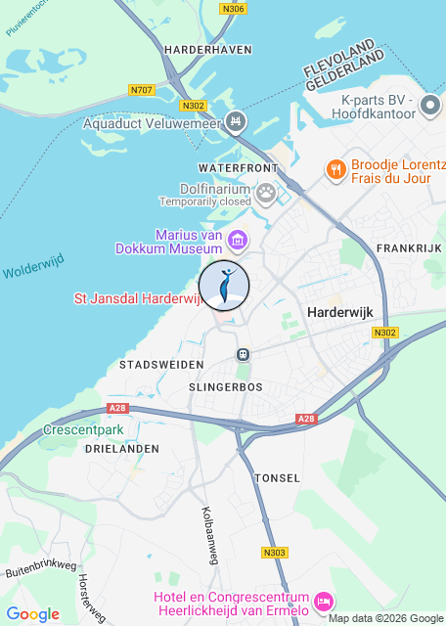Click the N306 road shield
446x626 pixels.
[x=233, y=10]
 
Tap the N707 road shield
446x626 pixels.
[x=141, y=90]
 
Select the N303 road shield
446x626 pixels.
[x=275, y=553]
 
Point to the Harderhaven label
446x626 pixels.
[x=208, y=49]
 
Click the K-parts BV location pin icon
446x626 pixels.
[x=430, y=105]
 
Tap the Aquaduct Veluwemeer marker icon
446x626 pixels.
[x=235, y=121]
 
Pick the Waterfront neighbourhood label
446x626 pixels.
[x=238, y=168]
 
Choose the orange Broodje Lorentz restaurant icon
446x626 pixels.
[x=335, y=169]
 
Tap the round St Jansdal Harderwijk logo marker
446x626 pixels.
[x=224, y=286]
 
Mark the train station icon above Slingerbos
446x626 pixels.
[x=243, y=353]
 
